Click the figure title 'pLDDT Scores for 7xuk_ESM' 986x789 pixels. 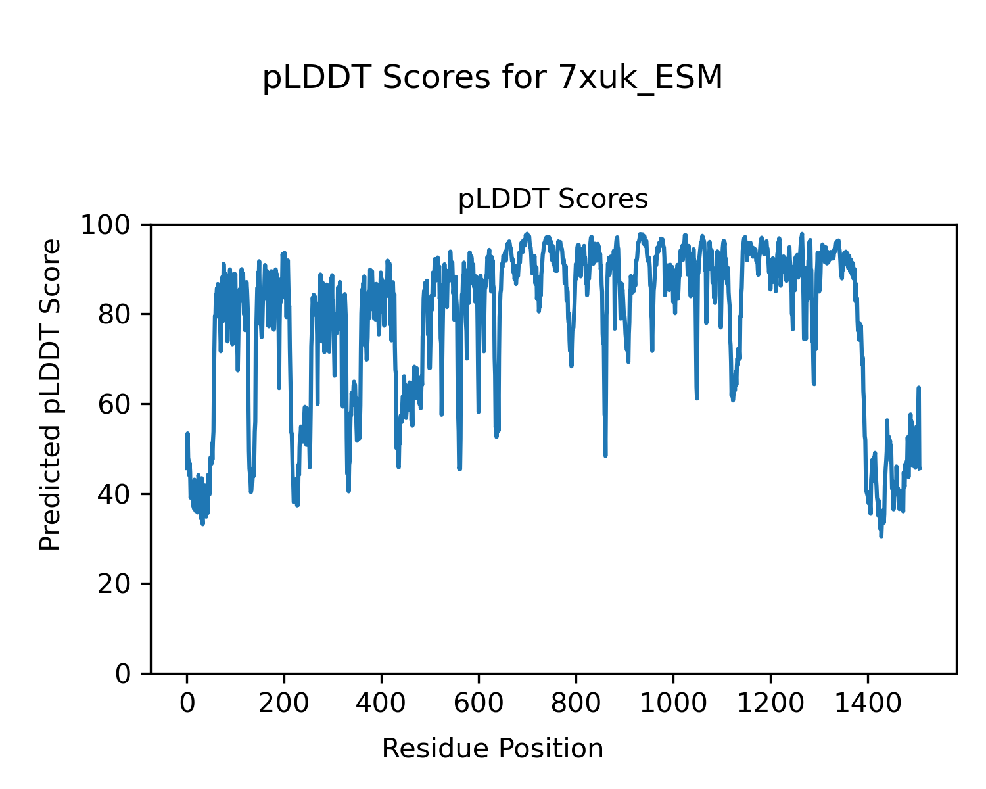tap(492, 78)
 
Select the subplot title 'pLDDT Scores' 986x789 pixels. tap(553, 199)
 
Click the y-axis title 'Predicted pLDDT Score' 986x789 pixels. tap(51, 394)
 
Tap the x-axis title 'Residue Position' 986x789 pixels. tap(492, 749)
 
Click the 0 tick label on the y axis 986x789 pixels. tap(124, 674)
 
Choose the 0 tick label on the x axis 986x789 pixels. tap(187, 704)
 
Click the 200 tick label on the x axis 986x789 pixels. tap(284, 704)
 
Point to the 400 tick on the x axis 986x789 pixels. tap(381, 704)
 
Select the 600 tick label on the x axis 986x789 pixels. tap(479, 704)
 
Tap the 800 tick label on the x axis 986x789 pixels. tap(576, 704)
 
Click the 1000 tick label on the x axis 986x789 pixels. tap(673, 704)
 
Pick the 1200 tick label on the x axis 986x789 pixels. tap(770, 704)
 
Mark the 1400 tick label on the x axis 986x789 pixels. tap(868, 704)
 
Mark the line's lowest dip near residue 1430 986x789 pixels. tap(881, 537)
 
